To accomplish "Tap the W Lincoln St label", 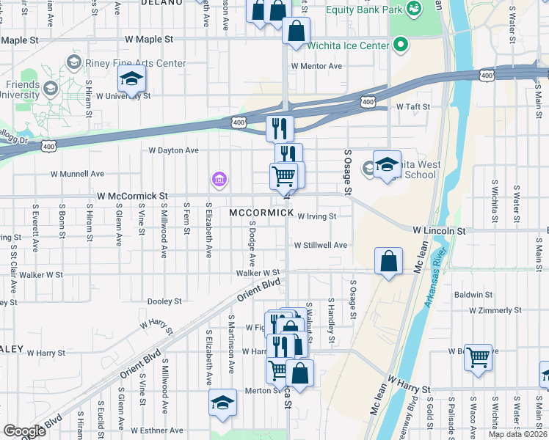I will point(439,230).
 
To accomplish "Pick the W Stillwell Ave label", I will point(321,246).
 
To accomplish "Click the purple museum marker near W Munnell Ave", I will point(219,178).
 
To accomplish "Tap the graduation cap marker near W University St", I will point(131,78).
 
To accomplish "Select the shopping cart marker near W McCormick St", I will point(283,175).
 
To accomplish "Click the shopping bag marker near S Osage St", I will point(388,261).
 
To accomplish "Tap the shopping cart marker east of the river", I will point(478,358).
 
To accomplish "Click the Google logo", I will point(24,431).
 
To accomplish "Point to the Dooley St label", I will point(164,301).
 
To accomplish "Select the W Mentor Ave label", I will point(316,66).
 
